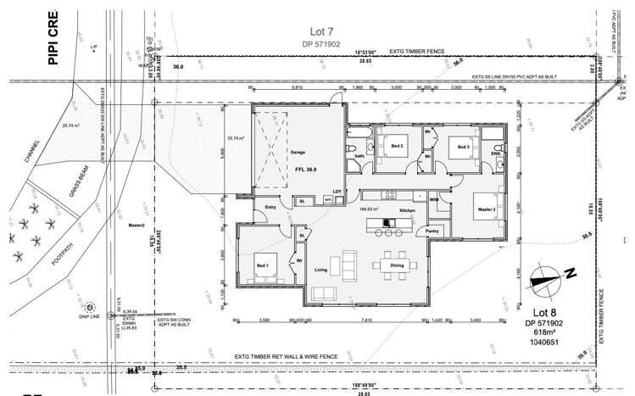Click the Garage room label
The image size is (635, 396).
tap(298, 153)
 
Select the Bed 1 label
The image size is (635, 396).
tap(262, 265)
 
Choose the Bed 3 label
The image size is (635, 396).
tap(463, 148)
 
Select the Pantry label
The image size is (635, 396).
tap(432, 231)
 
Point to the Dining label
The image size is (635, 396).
tap(397, 266)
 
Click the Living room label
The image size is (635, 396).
tap(321, 271)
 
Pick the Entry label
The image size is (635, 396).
tap(270, 207)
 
